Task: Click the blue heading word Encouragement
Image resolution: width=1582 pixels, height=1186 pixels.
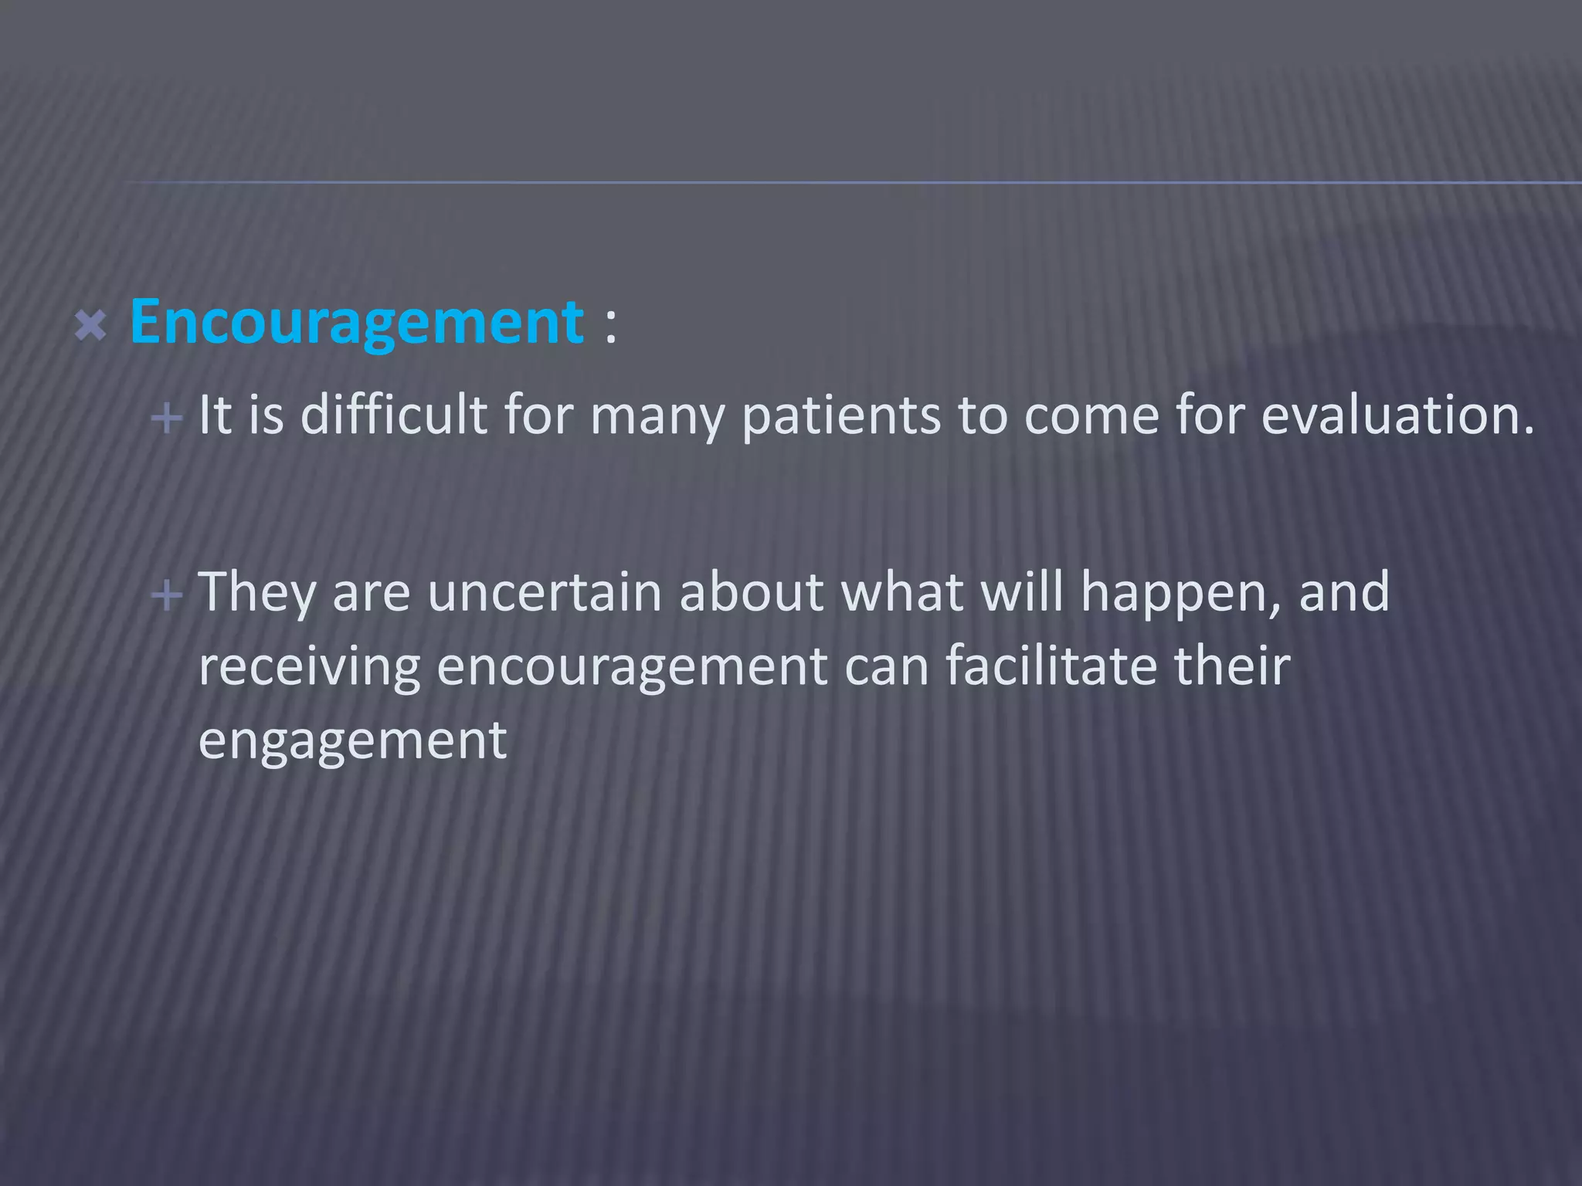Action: tap(356, 323)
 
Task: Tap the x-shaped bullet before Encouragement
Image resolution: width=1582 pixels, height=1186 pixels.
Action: tap(91, 326)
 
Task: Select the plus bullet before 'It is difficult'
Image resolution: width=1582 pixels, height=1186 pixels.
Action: tap(166, 419)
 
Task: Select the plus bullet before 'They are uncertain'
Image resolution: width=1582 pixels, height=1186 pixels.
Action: tap(166, 595)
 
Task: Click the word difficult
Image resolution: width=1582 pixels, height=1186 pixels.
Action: tap(394, 415)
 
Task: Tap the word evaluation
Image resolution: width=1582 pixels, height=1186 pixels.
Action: tap(1397, 415)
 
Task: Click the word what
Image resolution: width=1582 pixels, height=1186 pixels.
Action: tap(901, 592)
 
